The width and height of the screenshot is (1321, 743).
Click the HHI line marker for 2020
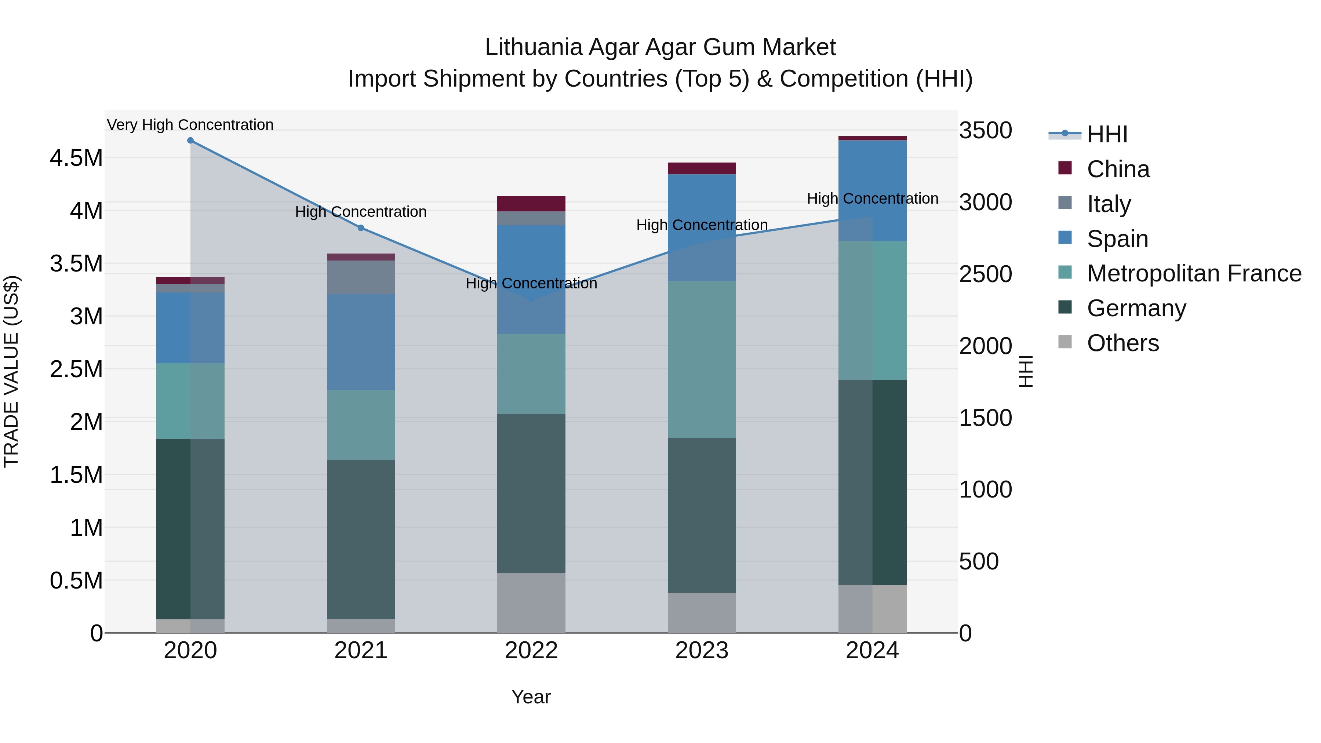click(x=190, y=141)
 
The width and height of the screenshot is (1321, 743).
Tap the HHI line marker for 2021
click(x=361, y=228)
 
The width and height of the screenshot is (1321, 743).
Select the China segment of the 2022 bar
click(x=531, y=204)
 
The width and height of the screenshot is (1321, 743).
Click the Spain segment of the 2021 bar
click(x=361, y=342)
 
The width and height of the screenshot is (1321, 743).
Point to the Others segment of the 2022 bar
click(x=531, y=602)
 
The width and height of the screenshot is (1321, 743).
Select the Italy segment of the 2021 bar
click(x=361, y=277)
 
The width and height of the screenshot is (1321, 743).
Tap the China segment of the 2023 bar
click(x=702, y=168)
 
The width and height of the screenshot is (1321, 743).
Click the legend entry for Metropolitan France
click(x=1194, y=273)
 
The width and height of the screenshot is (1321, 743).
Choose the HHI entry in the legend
click(x=1107, y=134)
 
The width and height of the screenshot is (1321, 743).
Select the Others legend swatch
click(x=1065, y=342)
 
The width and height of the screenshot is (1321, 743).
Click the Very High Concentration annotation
click(x=190, y=125)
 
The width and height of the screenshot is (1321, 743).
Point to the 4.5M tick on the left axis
click(x=76, y=158)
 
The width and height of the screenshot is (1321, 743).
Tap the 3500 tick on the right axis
click(x=985, y=130)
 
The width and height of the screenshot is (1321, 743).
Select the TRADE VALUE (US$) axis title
click(x=11, y=371)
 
